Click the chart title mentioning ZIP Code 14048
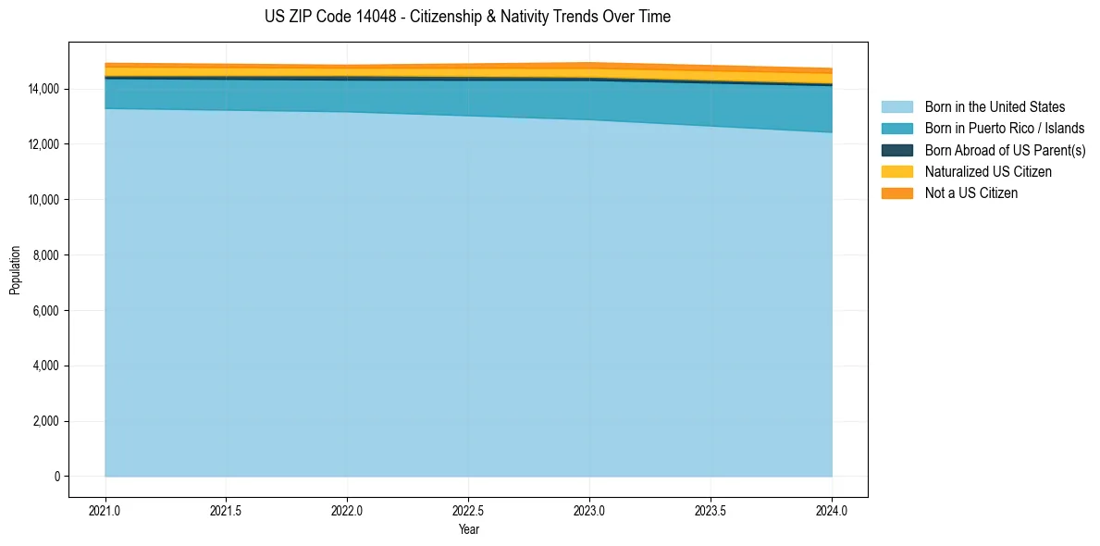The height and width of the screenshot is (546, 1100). coord(467,17)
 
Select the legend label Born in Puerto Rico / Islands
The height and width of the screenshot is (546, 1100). coord(1005,129)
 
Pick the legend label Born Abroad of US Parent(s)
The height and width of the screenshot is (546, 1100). coord(1005,150)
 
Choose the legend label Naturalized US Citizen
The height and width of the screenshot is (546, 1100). coord(988,172)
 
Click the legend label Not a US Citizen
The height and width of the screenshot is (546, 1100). coord(971,193)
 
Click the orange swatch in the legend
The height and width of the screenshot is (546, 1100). coord(896,193)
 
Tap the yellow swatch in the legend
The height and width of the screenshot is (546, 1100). coord(896,172)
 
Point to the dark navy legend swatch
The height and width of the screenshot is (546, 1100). coord(896,150)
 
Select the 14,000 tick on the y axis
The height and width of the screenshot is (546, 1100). coord(43,89)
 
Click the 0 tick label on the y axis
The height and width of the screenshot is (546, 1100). coord(56,477)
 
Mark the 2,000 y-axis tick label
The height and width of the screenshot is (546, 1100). coord(45,421)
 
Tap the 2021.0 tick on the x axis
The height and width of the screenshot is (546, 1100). coord(105,510)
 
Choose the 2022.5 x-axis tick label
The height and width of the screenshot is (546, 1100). coord(468,510)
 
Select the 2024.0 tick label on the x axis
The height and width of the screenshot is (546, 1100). coord(832,510)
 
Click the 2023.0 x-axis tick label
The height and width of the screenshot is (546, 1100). coord(589,510)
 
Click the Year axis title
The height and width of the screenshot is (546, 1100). coord(468,529)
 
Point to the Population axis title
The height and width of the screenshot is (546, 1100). coord(15,270)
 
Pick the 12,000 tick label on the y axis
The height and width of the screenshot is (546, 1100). coord(43,144)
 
